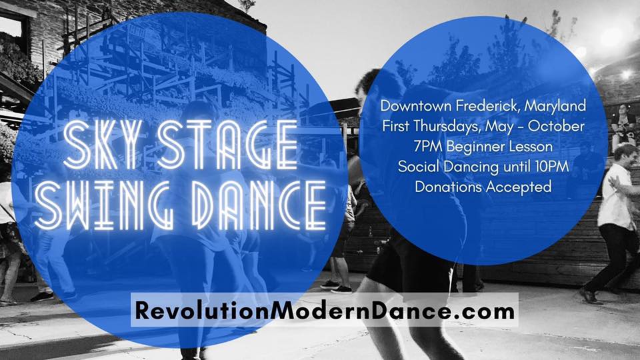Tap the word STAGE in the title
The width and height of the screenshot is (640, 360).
click(x=228, y=145)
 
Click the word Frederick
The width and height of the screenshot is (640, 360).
click(x=488, y=106)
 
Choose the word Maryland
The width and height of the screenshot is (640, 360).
click(x=555, y=107)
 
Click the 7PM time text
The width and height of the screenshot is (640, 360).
click(x=428, y=147)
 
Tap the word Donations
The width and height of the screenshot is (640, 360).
click(x=449, y=187)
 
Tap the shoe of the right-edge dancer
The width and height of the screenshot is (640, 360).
click(x=590, y=296)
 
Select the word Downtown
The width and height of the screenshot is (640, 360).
click(x=416, y=106)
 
